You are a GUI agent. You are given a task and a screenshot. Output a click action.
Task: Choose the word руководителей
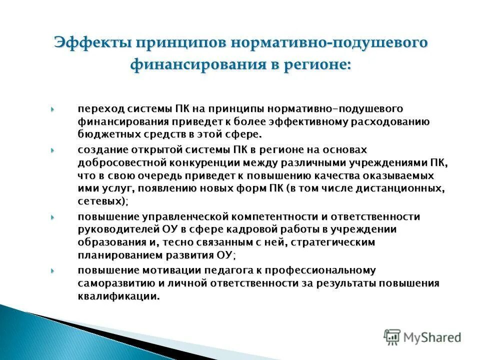(118, 229)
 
